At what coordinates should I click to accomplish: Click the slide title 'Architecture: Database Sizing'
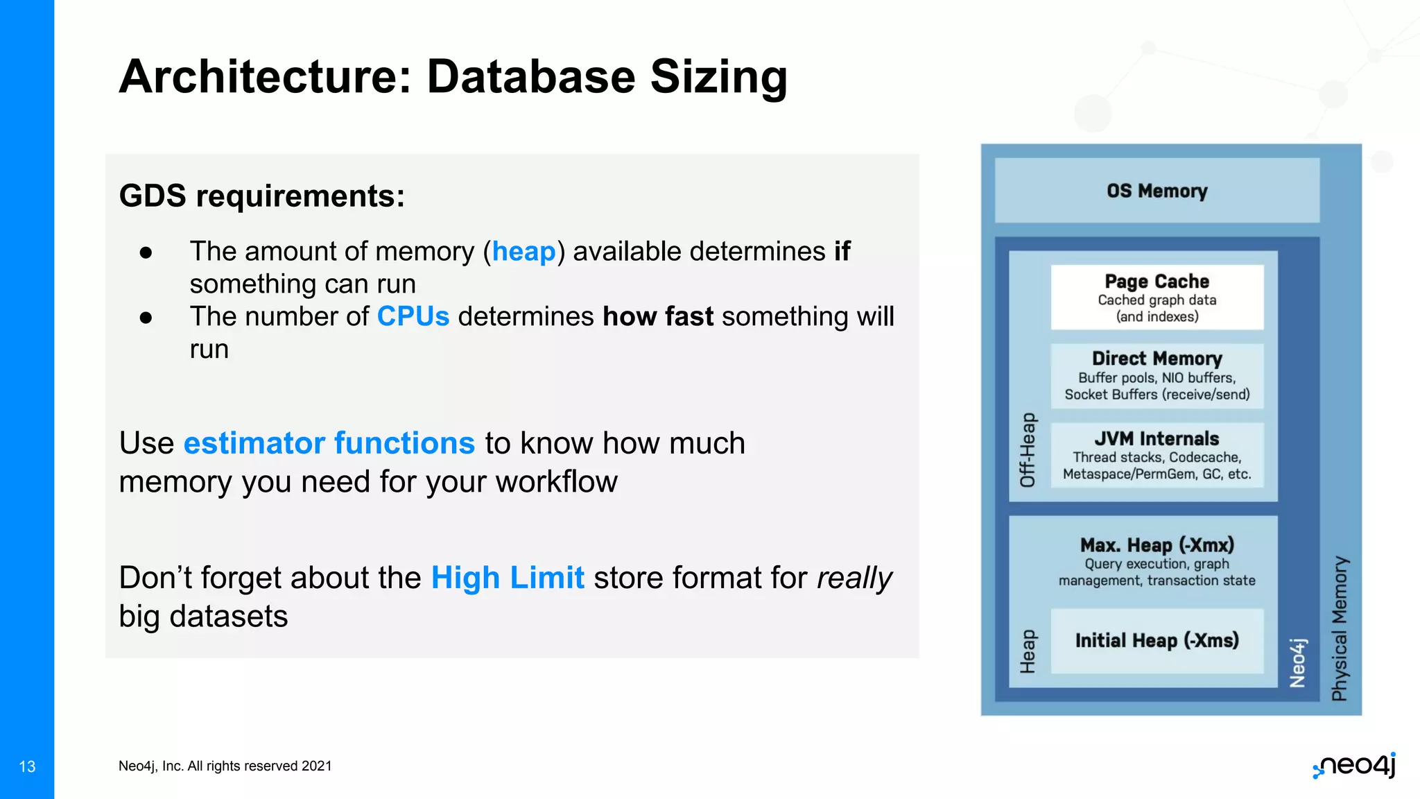pyautogui.click(x=453, y=76)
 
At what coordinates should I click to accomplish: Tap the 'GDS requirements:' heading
pyautogui.click(x=262, y=196)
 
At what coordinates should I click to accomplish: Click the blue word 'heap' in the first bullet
pyautogui.click(x=523, y=251)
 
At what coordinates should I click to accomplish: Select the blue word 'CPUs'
pyautogui.click(x=413, y=316)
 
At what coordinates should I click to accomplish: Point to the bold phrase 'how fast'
pyautogui.click(x=657, y=316)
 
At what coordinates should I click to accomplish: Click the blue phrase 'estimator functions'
pyautogui.click(x=329, y=443)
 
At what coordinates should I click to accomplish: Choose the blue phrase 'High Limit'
pyautogui.click(x=508, y=577)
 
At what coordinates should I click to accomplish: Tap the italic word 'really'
pyautogui.click(x=854, y=578)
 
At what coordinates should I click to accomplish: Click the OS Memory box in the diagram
pyautogui.click(x=1157, y=191)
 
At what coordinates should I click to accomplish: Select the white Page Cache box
pyautogui.click(x=1157, y=298)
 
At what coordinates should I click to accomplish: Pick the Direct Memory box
pyautogui.click(x=1157, y=376)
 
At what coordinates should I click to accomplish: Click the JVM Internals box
pyautogui.click(x=1157, y=455)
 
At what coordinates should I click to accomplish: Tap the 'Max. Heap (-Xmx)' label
pyautogui.click(x=1157, y=545)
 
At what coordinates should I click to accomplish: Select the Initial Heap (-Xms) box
pyautogui.click(x=1157, y=641)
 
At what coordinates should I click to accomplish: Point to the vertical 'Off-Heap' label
pyautogui.click(x=1028, y=449)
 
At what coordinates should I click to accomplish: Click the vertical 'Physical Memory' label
pyautogui.click(x=1340, y=628)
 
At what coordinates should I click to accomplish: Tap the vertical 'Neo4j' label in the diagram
pyautogui.click(x=1297, y=662)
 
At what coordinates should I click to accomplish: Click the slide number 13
pyautogui.click(x=27, y=766)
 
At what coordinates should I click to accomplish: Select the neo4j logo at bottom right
pyautogui.click(x=1355, y=766)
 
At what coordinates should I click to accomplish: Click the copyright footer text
pyautogui.click(x=225, y=766)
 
